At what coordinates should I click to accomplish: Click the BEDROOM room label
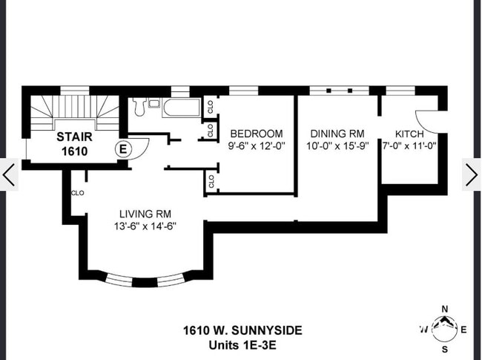tap(256, 134)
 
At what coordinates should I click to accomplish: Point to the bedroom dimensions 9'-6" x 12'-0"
tap(256, 146)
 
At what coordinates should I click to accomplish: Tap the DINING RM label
tap(338, 134)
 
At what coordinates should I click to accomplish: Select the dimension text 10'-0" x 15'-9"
tap(338, 146)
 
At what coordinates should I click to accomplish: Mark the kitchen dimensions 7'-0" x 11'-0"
tap(409, 146)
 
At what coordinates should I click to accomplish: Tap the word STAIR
tap(73, 137)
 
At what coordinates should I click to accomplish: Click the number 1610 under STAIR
tap(73, 151)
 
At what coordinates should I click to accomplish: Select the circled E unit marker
tap(124, 148)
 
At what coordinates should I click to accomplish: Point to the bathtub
tap(182, 108)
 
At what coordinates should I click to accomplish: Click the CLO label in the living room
tap(77, 192)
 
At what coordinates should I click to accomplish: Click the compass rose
tap(444, 327)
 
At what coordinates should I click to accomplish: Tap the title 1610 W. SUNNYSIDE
tap(242, 330)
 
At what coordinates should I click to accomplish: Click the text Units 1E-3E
tap(242, 344)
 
